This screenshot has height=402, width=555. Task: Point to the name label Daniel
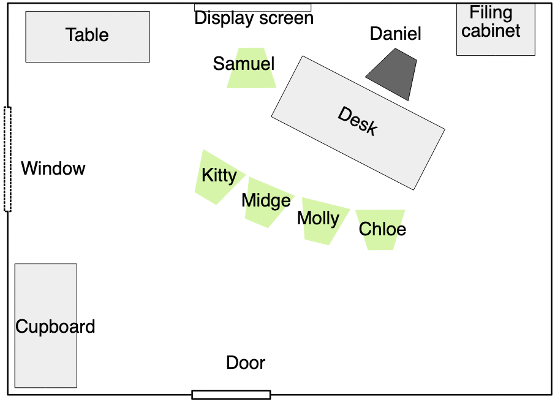pos(395,34)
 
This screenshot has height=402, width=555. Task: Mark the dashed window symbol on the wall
pos(7,159)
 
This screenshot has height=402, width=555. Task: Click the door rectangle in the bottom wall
pos(231,395)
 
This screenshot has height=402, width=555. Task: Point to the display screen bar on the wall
pos(252,8)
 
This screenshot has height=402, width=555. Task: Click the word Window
pos(53,169)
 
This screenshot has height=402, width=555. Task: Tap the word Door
pos(246,363)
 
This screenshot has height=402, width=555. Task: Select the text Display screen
pos(254,19)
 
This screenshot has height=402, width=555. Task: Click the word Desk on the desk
pos(358,121)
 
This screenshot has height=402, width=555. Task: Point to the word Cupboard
pos(55,327)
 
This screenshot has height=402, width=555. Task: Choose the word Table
pos(87,35)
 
